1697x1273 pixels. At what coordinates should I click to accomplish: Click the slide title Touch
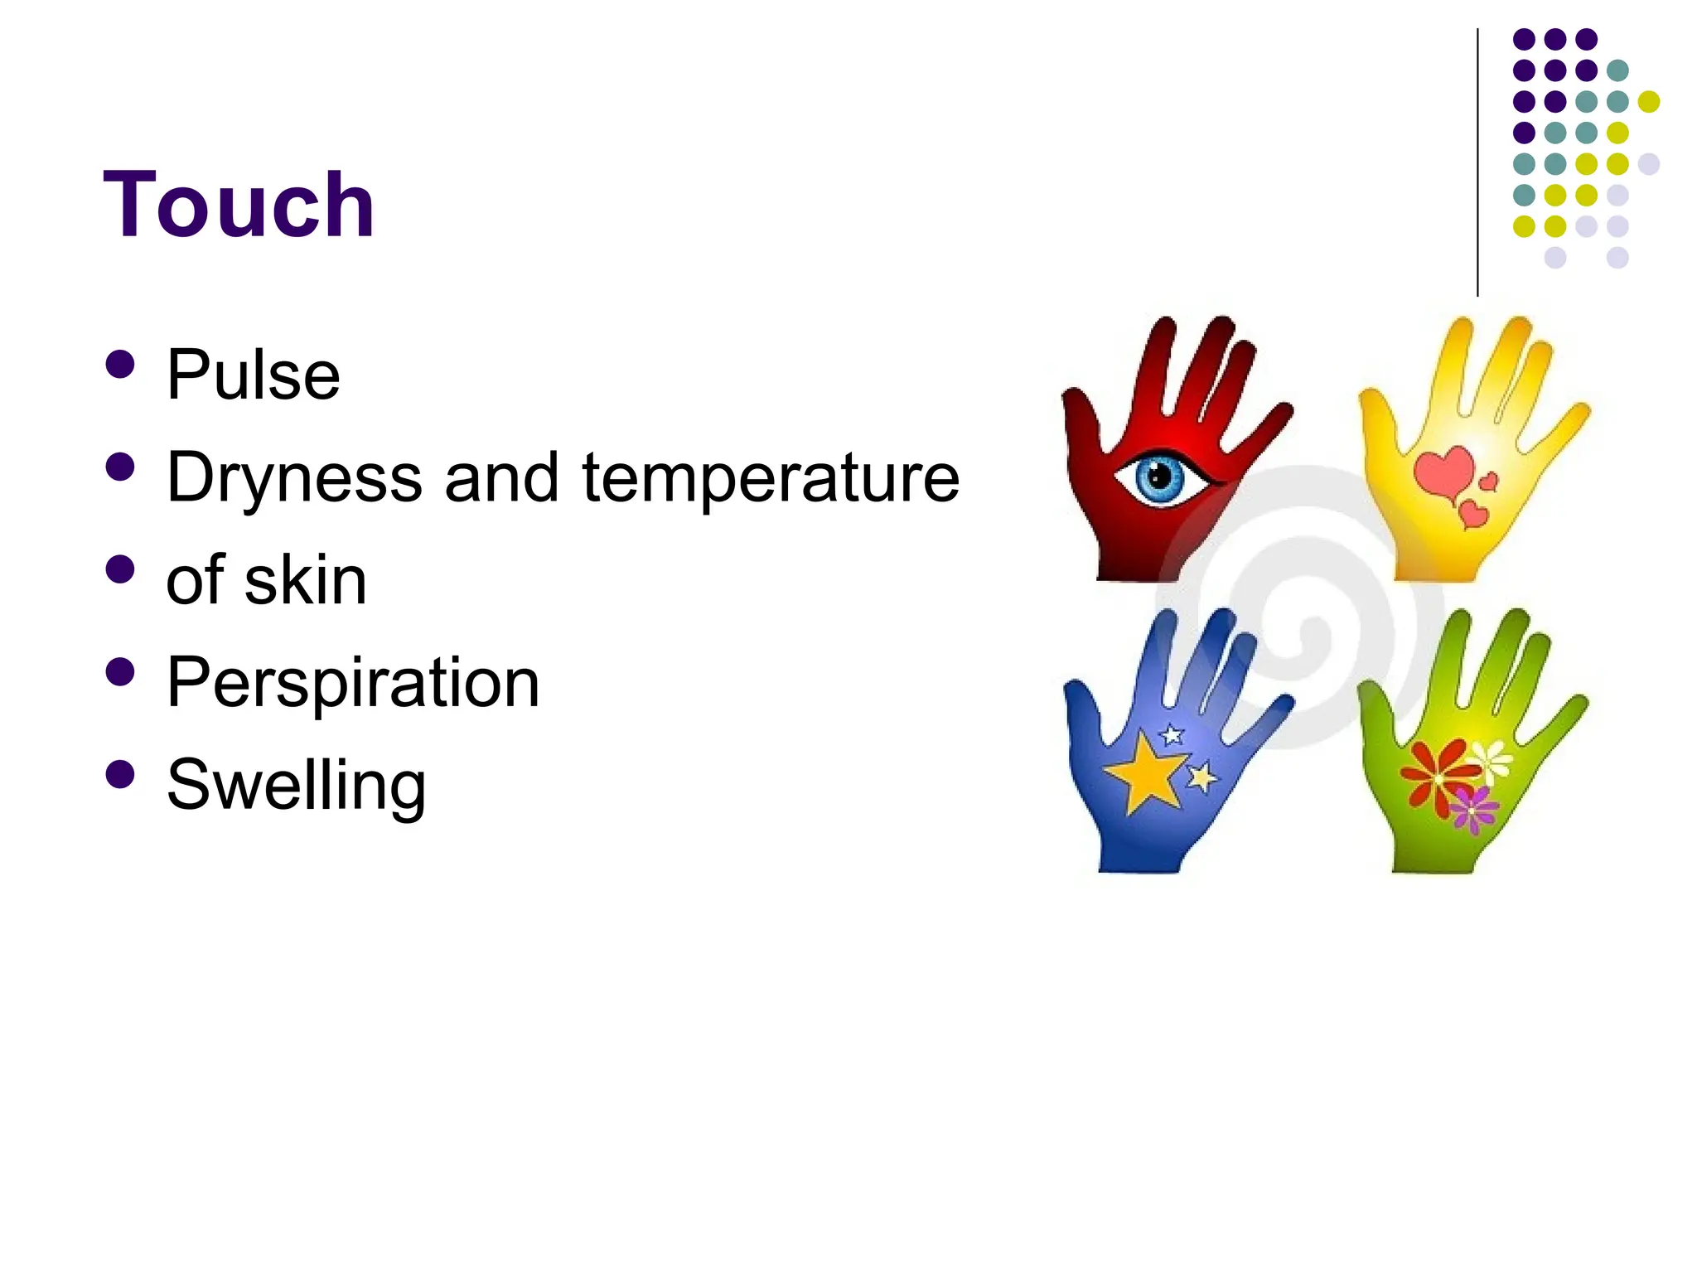click(239, 205)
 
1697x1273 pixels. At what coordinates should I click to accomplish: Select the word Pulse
click(253, 375)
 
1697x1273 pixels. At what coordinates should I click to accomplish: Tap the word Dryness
click(294, 478)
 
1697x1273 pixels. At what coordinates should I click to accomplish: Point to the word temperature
click(771, 478)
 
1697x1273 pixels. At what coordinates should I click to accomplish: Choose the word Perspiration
click(353, 683)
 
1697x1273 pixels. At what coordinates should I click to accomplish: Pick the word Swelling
click(296, 785)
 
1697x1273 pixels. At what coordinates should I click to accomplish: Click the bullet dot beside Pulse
click(121, 365)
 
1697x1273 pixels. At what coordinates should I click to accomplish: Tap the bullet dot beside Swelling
click(121, 774)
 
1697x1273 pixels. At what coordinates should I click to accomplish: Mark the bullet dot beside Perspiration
click(121, 672)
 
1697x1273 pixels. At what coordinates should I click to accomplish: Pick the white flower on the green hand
click(1490, 758)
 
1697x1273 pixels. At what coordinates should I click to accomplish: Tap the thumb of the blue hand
click(1082, 711)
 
